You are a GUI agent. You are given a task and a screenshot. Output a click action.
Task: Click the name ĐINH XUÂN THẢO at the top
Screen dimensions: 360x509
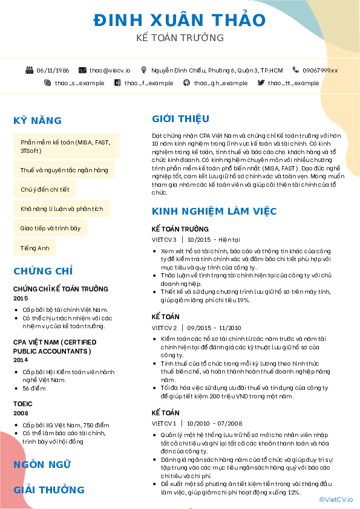pos(180,20)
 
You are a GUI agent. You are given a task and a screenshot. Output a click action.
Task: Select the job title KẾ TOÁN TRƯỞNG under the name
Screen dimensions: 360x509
pos(180,38)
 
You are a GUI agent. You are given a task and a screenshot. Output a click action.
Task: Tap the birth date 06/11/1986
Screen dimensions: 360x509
pos(53,70)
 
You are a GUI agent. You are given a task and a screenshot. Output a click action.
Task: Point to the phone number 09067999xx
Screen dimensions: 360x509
pos(320,70)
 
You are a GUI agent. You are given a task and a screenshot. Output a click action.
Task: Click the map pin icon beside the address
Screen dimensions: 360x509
pos(144,70)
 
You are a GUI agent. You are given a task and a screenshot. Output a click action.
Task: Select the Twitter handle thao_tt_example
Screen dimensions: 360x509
pos(293,83)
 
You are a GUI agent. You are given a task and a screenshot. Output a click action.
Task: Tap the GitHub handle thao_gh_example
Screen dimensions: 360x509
pos(220,83)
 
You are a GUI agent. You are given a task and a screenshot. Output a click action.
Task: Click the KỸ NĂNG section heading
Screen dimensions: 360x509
pos(38,120)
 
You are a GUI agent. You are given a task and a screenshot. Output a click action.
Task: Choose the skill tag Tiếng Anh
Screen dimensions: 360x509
pos(34,248)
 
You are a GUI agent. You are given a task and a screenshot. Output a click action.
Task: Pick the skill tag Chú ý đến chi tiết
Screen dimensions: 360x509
pos(45,189)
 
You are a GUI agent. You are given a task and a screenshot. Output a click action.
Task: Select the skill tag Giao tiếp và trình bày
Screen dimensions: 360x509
pos(50,229)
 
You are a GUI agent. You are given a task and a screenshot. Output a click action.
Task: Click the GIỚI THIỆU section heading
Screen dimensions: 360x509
pos(180,118)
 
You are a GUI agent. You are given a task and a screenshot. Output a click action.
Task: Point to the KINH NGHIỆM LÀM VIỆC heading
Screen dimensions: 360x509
pos(214,211)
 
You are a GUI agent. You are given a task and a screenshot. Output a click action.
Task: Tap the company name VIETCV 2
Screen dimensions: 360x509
pos(164,328)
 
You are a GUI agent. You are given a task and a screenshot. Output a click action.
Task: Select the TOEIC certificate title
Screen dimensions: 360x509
pos(23,403)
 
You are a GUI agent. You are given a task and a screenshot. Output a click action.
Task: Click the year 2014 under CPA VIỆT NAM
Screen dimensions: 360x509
pos(21,360)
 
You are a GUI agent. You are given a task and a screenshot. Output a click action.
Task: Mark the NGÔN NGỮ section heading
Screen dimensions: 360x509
pos(42,464)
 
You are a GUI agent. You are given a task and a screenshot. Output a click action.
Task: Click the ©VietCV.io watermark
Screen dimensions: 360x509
pos(336,499)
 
